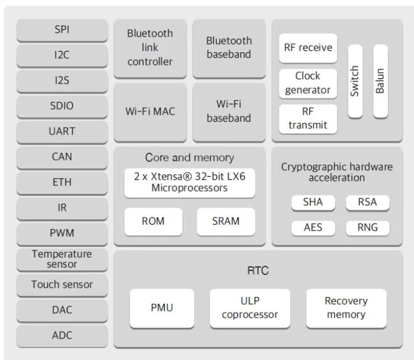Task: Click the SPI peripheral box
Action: (62, 30)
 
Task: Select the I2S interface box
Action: (62, 80)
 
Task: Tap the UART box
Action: (62, 131)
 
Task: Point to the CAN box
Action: (62, 157)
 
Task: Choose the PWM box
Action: (62, 233)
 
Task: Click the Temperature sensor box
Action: (62, 259)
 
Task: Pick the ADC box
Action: (62, 335)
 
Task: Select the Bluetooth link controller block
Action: (150, 47)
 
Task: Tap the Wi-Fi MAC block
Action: (150, 111)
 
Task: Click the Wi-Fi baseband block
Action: (229, 111)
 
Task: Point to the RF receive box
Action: (308, 47)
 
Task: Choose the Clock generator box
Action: (308, 83)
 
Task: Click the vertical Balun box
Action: (380, 80)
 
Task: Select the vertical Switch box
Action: (354, 80)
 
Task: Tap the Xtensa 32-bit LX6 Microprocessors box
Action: (190, 182)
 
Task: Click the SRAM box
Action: (226, 221)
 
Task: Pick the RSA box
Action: (367, 203)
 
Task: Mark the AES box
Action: (313, 227)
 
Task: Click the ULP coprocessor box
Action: (250, 308)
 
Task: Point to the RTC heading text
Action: (257, 270)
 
